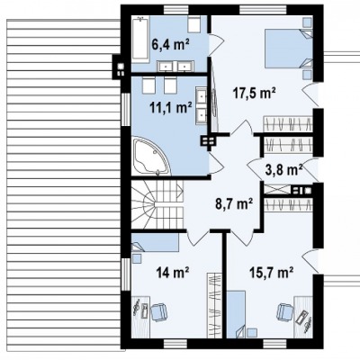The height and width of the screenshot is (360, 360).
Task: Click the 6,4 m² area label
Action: pyautogui.click(x=170, y=45)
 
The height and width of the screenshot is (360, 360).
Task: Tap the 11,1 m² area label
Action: pyautogui.click(x=171, y=108)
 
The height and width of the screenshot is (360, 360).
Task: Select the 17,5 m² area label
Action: pyautogui.click(x=255, y=94)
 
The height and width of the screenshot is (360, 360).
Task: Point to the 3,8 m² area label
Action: pyautogui.click(x=283, y=170)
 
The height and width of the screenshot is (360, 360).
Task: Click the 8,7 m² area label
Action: pyautogui.click(x=234, y=204)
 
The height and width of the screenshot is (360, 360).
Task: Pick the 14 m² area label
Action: pyautogui.click(x=172, y=273)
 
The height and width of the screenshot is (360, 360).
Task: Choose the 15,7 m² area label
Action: pyautogui.click(x=272, y=273)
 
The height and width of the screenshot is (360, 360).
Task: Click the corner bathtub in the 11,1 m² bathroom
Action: pyautogui.click(x=151, y=156)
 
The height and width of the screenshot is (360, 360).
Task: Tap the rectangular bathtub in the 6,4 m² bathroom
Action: pyautogui.click(x=140, y=40)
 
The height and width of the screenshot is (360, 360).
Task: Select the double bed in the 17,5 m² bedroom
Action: pyautogui.click(x=289, y=48)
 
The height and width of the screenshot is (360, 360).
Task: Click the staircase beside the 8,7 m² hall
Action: pyautogui.click(x=157, y=204)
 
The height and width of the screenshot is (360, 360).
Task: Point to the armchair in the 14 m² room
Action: pyautogui.click(x=158, y=312)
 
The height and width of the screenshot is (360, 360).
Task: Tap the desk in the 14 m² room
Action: pyautogui.click(x=140, y=317)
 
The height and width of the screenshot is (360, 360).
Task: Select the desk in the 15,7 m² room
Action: pyautogui.click(x=303, y=317)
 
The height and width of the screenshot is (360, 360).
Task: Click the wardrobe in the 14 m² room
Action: pyautogui.click(x=214, y=306)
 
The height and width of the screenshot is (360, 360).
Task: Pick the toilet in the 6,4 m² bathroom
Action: pyautogui.click(x=193, y=23)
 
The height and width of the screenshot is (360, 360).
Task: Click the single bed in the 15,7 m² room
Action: pyautogui.click(x=236, y=314)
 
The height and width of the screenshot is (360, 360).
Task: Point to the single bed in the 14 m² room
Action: pyautogui.click(x=155, y=242)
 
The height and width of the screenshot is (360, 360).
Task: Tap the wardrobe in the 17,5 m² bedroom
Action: pyautogui.click(x=288, y=124)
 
